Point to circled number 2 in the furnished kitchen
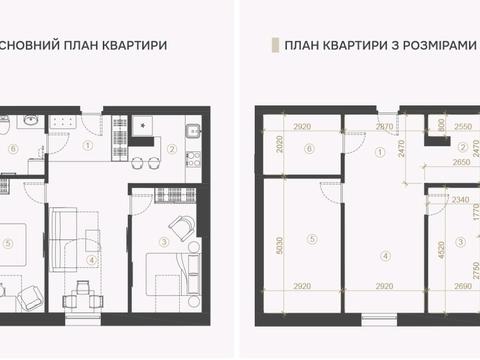pos(171,150)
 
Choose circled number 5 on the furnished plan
pos(9,240)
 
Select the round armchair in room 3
pos(181,228)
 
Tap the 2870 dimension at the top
pos(384,129)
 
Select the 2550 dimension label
pos(463,129)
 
